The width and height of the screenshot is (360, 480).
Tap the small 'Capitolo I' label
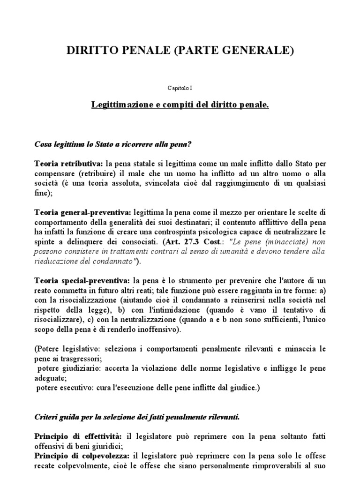tap(180, 88)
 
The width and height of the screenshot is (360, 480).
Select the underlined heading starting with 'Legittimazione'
tap(180, 105)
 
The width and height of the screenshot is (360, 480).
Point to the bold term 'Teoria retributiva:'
tap(68, 164)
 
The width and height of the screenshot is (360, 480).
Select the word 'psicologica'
tap(219, 232)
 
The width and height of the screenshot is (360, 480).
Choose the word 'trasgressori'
tap(70, 359)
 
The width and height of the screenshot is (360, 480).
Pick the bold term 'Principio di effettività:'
tap(77, 436)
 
